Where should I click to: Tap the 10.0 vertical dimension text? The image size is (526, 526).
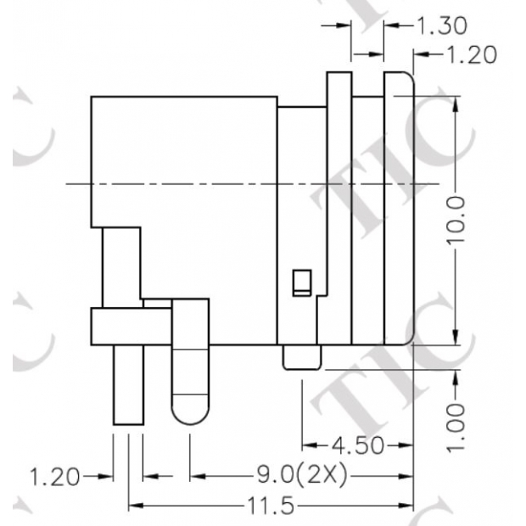click(x=456, y=219)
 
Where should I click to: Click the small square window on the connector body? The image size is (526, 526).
click(x=300, y=282)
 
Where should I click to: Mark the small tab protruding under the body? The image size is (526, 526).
click(x=301, y=357)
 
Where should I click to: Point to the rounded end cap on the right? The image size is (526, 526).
click(x=399, y=208)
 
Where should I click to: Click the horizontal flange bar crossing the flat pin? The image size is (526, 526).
click(x=131, y=327)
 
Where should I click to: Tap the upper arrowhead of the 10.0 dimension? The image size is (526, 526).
click(x=456, y=102)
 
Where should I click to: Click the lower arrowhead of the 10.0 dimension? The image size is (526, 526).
click(x=456, y=339)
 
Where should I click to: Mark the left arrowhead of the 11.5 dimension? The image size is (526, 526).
click(x=134, y=506)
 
